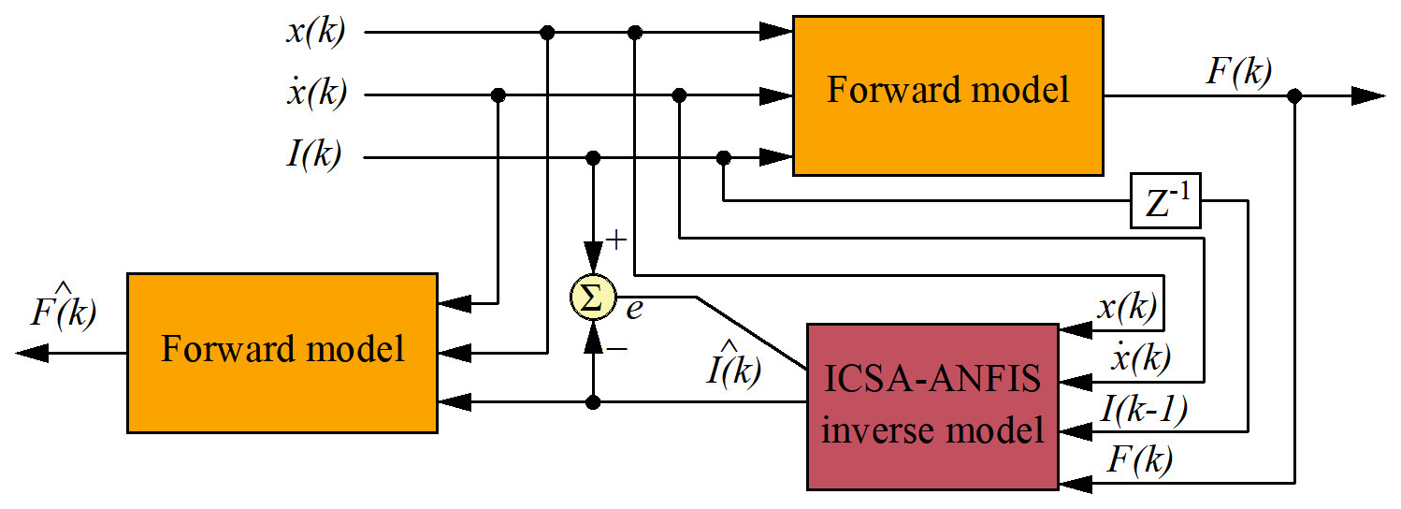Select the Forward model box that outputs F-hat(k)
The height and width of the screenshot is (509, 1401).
[282, 353]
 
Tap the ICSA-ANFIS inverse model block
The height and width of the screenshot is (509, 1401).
[932, 406]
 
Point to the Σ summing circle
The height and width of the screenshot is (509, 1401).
[592, 298]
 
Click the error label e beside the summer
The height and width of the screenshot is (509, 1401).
[635, 309]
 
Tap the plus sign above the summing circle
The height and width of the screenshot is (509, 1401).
[616, 240]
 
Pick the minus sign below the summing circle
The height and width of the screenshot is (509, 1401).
[616, 349]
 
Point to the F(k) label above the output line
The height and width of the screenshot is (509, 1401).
[1237, 72]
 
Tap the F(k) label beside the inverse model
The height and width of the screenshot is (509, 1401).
[1140, 459]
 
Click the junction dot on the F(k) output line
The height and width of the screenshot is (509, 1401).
[1295, 95]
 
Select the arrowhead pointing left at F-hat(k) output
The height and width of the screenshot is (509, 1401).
[33, 353]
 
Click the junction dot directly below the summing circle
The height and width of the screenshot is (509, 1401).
[592, 402]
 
